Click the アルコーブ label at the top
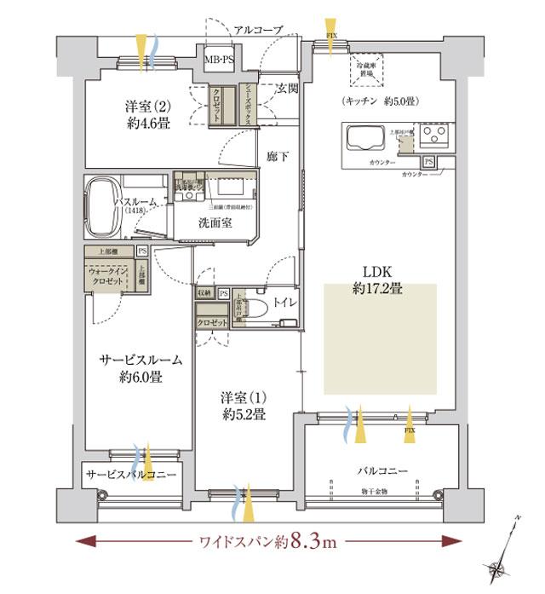257,30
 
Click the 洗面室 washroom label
215,224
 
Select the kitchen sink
364,136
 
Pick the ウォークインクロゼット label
108,278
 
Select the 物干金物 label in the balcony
374,492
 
